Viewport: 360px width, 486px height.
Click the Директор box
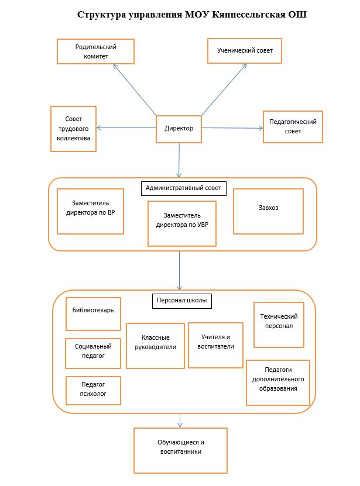pos(179,129)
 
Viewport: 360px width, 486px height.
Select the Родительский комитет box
pos(95,51)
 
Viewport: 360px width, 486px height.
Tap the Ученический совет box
pos(245,51)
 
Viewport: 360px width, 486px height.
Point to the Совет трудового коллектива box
pos(74,129)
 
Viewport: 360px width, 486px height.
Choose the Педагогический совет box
pos(293,127)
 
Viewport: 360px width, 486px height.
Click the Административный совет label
pos(184,188)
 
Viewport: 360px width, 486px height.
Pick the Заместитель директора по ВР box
pos(90,211)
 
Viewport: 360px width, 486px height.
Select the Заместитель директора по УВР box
pos(182,224)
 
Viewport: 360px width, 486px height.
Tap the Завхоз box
pos(269,211)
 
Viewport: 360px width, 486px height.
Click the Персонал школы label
pos(182,301)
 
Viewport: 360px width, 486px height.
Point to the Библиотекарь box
pos(93,314)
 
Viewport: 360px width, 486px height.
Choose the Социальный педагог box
pos(93,353)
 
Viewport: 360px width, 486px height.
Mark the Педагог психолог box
pos(93,391)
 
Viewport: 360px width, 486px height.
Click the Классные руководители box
pos(156,346)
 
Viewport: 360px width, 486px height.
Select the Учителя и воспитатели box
pos(215,345)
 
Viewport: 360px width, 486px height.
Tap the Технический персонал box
pos(279,325)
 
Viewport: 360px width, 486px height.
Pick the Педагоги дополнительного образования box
pos(278,382)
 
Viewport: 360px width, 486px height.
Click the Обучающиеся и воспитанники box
pos(181,451)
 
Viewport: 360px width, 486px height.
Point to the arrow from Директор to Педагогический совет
pos(232,128)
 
